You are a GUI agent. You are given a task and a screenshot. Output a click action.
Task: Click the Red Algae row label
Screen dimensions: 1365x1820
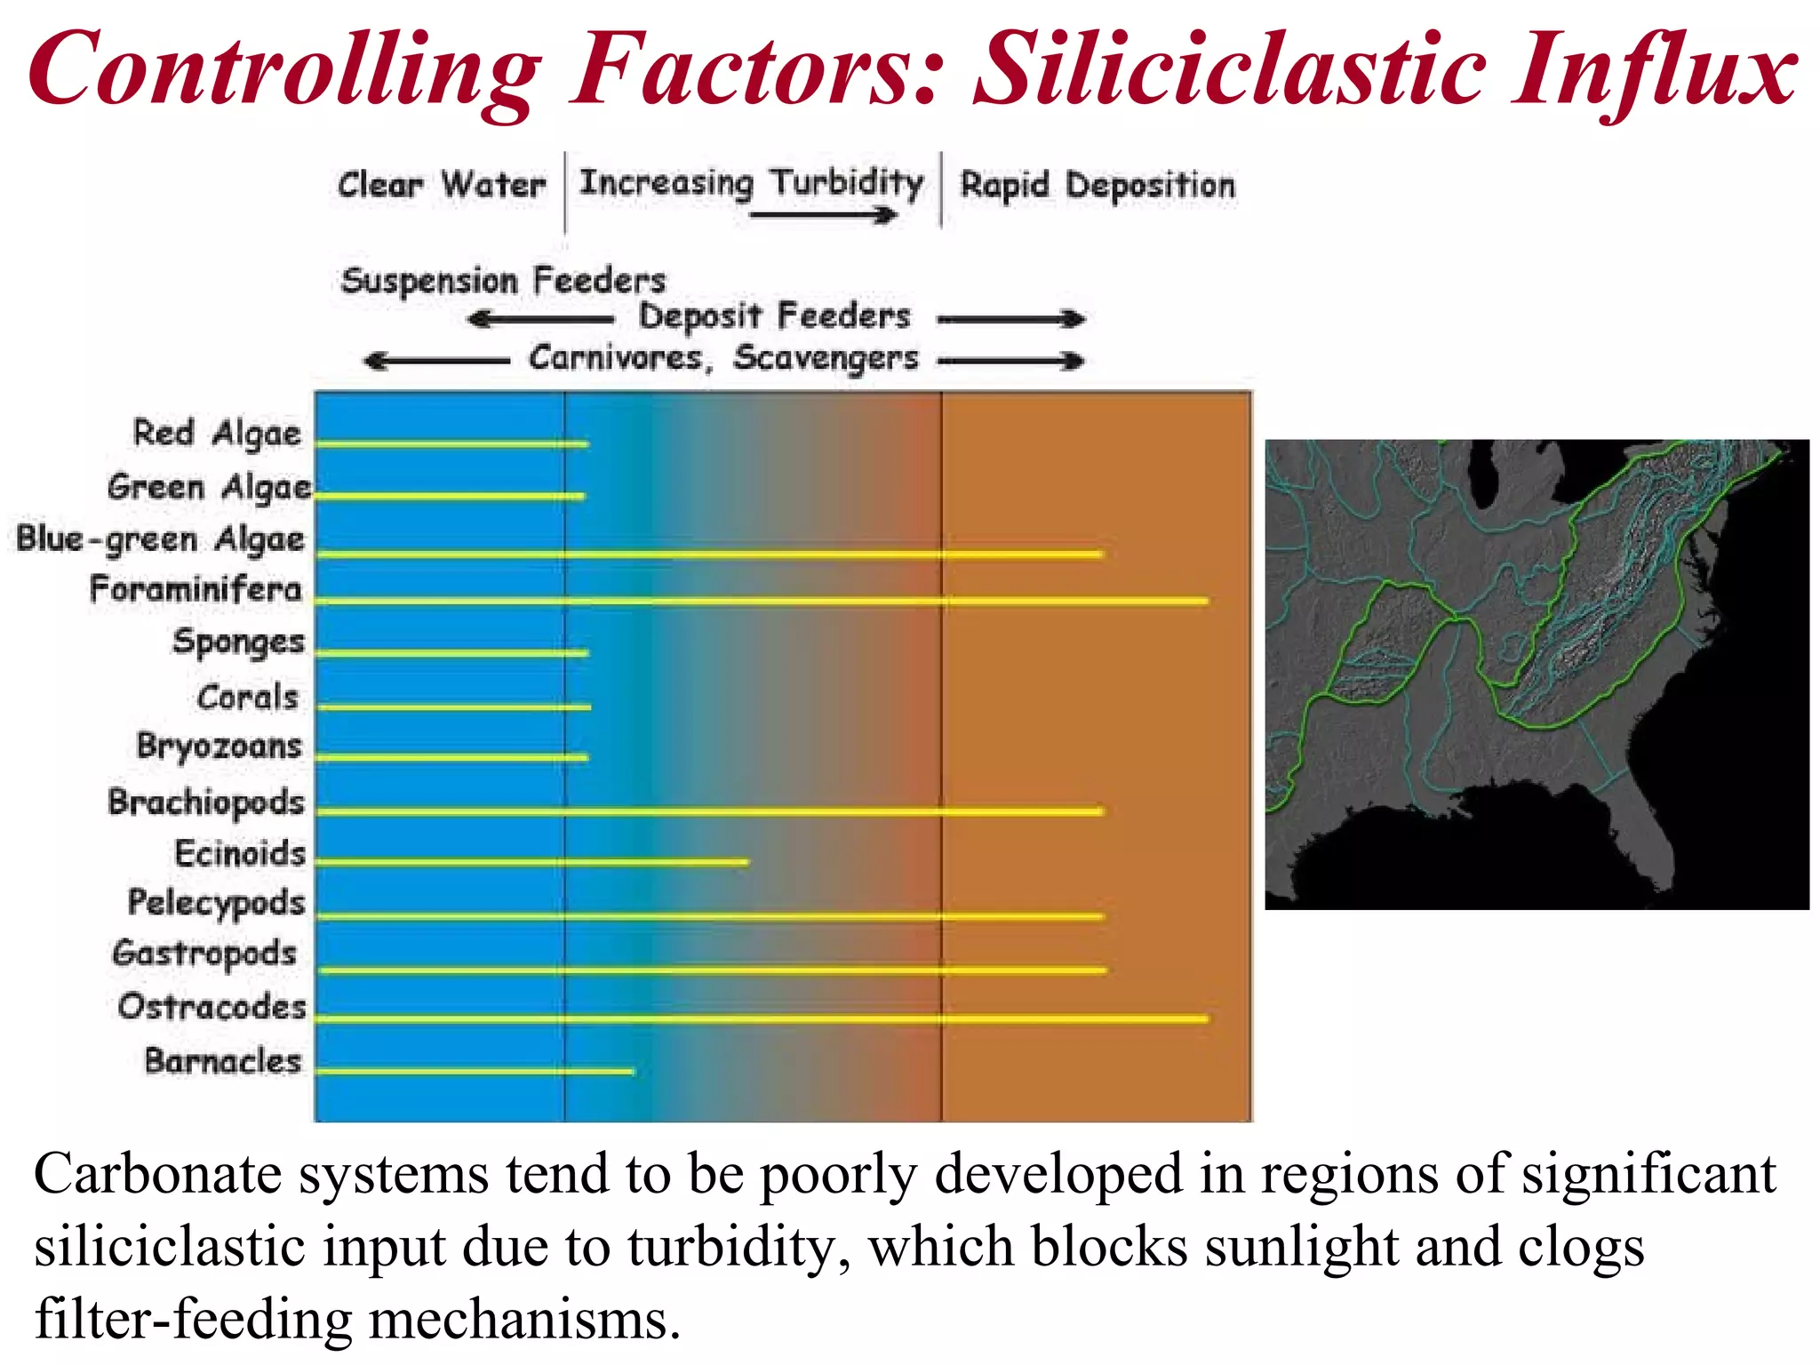tap(217, 434)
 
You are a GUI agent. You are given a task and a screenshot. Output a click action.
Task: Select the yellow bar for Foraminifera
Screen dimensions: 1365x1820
tap(761, 602)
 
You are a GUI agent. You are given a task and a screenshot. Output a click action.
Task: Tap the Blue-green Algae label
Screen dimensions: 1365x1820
tap(161, 539)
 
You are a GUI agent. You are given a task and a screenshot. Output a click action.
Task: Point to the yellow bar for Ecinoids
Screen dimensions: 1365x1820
tap(531, 862)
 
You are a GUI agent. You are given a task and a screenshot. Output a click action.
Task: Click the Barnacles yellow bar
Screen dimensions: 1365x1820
tap(475, 1072)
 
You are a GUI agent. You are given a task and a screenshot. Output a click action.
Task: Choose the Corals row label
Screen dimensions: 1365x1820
tap(247, 698)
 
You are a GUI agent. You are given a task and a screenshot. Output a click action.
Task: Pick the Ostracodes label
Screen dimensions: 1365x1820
tap(212, 1007)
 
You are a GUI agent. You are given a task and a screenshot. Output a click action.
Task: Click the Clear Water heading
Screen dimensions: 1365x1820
tap(441, 186)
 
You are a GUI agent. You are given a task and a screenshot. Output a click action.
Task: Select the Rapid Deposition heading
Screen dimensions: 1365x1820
tap(1098, 186)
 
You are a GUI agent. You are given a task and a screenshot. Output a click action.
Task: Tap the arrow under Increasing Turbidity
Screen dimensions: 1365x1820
tap(822, 215)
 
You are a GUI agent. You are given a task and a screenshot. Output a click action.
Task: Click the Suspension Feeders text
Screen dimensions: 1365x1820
tap(503, 281)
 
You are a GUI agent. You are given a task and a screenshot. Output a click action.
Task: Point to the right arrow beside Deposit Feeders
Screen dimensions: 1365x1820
tap(1011, 319)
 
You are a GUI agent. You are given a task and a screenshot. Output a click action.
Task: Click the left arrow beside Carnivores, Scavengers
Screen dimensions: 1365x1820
tap(435, 361)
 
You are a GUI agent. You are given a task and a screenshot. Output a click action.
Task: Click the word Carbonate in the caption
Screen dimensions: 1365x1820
tap(157, 1175)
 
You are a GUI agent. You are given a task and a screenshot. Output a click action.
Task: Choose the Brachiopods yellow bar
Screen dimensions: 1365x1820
tap(709, 811)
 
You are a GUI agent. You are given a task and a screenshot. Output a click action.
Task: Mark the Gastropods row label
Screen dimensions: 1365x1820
tap(204, 954)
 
